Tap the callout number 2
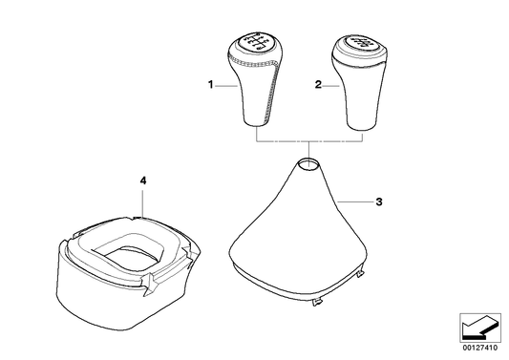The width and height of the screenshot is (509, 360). [318, 85]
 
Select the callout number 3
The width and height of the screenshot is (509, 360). [379, 202]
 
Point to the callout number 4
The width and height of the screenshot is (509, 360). [142, 180]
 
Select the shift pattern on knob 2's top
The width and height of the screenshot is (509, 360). [361, 44]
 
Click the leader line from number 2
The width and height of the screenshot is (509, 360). [331, 85]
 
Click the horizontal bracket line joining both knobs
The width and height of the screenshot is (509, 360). [308, 141]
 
